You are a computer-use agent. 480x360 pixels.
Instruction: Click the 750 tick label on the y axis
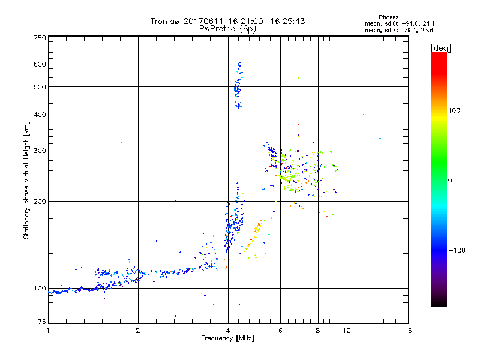click(x=40, y=38)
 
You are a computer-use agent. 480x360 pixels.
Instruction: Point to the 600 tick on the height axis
click(x=40, y=64)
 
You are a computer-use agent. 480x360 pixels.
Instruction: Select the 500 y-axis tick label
click(x=40, y=87)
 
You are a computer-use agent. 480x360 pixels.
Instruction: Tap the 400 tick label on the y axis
click(x=40, y=115)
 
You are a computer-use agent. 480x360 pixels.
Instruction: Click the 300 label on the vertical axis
click(x=40, y=151)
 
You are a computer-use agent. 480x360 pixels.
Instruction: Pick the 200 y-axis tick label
click(x=40, y=201)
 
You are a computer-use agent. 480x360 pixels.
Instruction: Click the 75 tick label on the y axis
click(x=41, y=323)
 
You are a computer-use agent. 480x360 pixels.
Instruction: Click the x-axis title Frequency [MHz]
click(x=227, y=339)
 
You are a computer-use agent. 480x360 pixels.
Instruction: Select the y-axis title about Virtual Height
click(x=26, y=180)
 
